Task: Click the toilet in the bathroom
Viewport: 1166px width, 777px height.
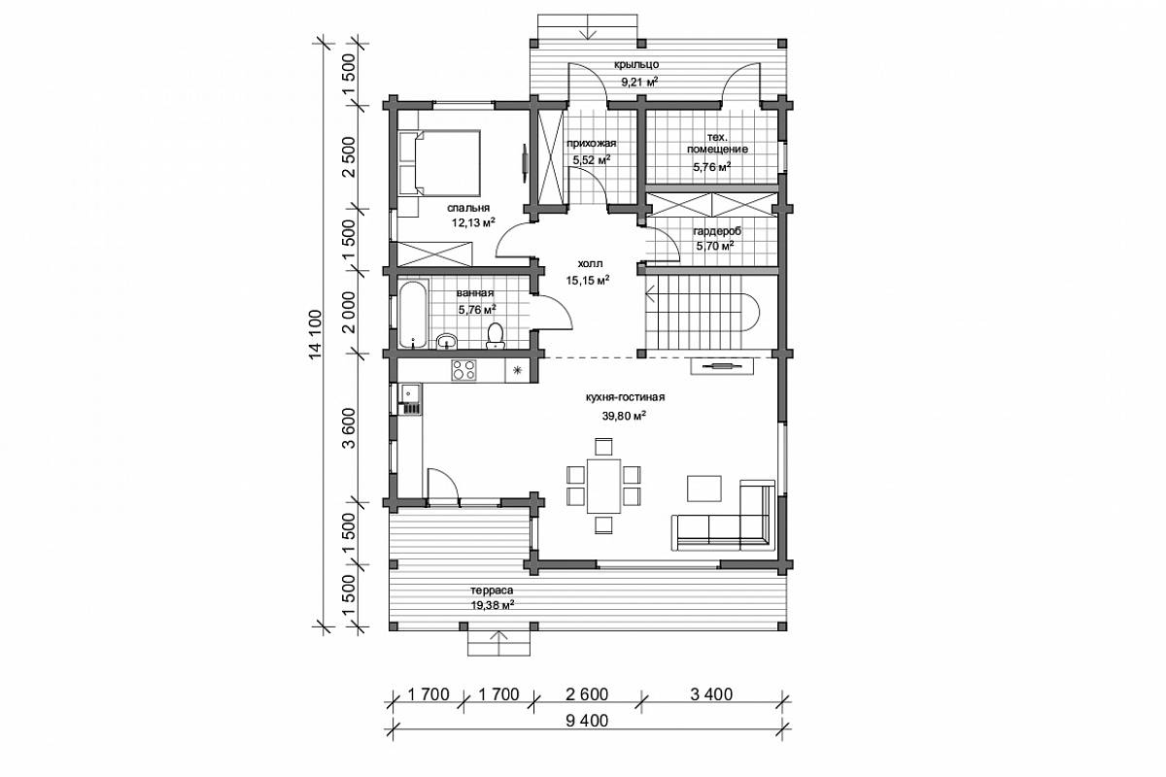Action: pos(495,336)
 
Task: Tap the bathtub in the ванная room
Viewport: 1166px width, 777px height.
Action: pos(413,315)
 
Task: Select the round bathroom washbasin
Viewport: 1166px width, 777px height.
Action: pos(447,342)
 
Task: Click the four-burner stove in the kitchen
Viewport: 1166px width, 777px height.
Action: pos(463,370)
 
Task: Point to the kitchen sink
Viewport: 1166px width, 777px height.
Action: pos(410,393)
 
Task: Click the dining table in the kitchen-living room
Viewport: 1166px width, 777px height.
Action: pos(603,486)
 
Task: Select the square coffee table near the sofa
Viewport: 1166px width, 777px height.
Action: pos(704,489)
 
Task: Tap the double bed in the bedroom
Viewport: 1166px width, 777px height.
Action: pos(440,162)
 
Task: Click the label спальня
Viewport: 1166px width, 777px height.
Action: pos(468,208)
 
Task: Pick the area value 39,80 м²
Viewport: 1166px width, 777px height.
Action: pos(624,416)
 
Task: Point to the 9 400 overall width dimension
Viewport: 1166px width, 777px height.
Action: pos(587,721)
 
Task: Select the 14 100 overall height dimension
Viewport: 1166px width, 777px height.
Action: pos(316,334)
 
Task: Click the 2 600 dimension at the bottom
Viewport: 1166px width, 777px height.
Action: pos(587,694)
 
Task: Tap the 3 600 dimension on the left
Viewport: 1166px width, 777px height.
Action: pos(349,427)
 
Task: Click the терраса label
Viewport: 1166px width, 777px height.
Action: pos(492,591)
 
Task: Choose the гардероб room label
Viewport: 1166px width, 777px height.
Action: pos(717,231)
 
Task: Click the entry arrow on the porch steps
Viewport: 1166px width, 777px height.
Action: pos(589,27)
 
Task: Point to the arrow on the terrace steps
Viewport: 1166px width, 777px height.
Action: pos(498,643)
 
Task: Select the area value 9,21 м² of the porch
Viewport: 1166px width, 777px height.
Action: pos(639,82)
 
